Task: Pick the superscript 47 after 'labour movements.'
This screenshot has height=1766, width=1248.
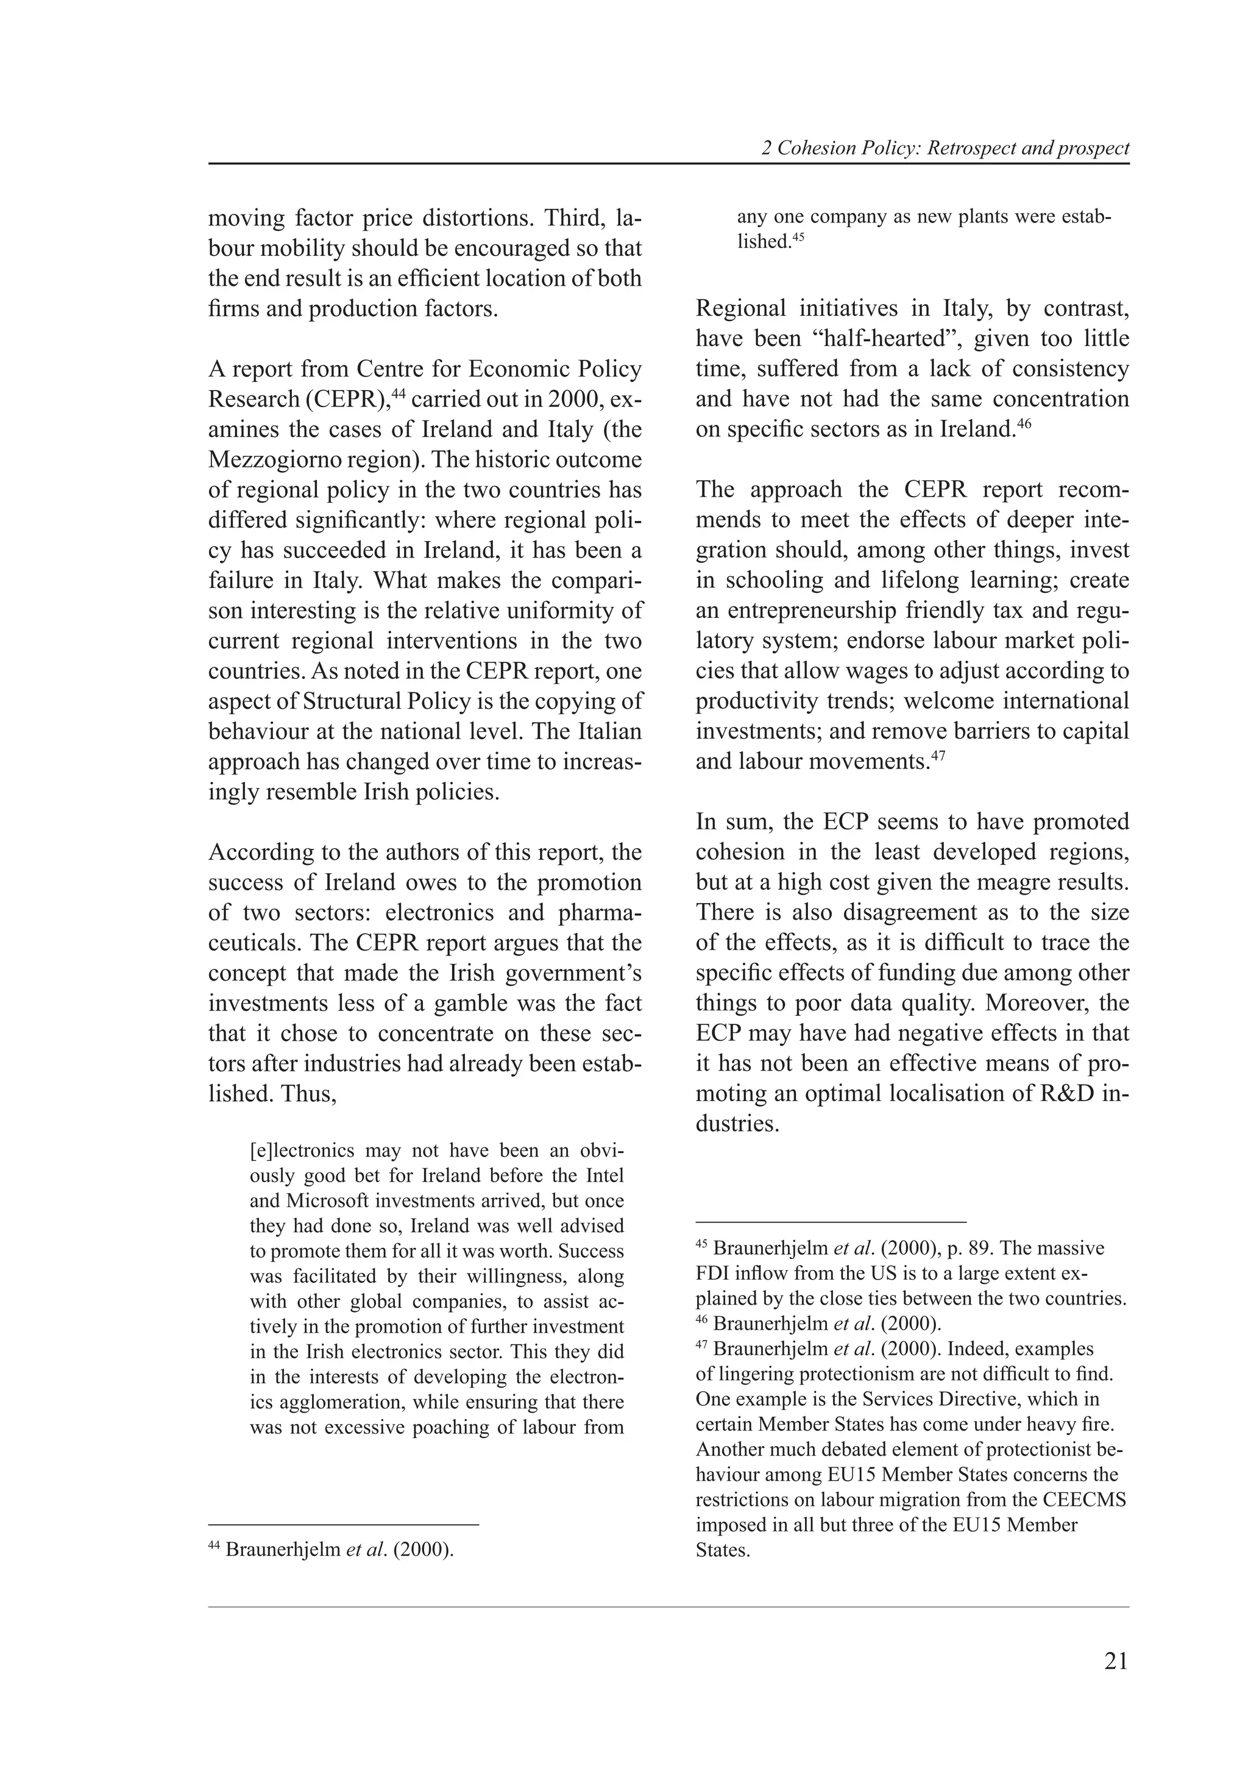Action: click(937, 756)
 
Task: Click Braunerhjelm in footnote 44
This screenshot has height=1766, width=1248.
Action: click(282, 1549)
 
